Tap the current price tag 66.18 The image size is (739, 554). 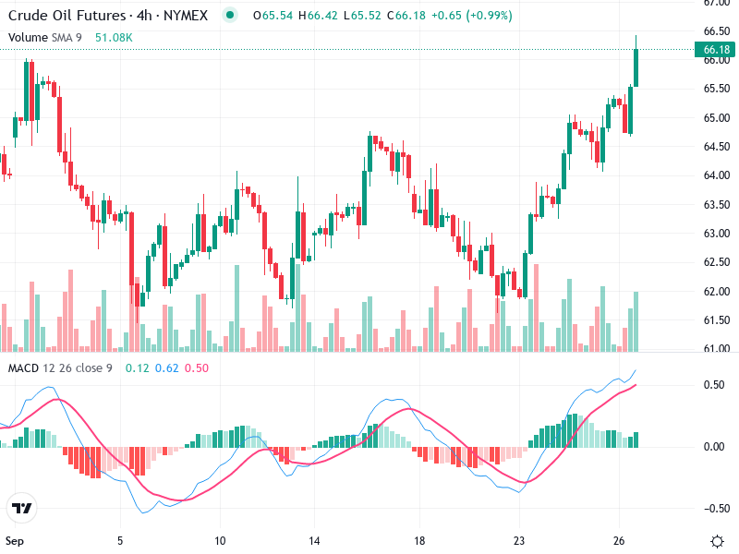pos(717,49)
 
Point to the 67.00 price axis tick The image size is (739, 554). pos(717,3)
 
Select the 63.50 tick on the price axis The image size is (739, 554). pos(717,204)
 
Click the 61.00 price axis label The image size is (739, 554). pos(717,348)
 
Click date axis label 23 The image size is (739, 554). pos(519,540)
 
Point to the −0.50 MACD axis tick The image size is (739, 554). pos(714,508)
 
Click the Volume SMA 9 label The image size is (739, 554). pos(46,38)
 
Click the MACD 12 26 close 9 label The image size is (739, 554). pos(60,368)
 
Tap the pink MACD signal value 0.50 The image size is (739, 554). pos(197,368)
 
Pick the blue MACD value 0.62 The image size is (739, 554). pos(167,368)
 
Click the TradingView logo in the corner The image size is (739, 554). pos(22,508)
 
